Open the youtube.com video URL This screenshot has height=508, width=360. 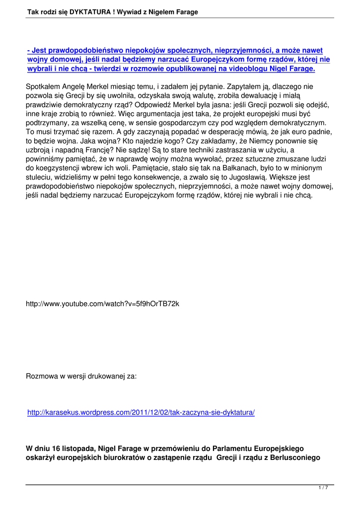102,304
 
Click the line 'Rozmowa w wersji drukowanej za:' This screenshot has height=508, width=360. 81,376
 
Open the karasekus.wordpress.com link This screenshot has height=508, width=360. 141,412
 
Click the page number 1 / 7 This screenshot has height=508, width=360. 323,488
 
